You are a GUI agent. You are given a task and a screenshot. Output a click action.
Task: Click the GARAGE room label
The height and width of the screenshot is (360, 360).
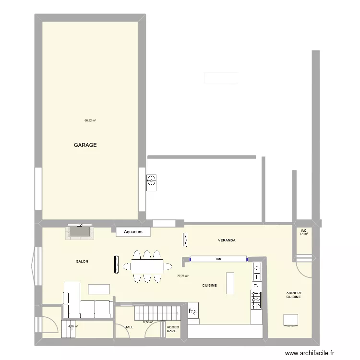85,145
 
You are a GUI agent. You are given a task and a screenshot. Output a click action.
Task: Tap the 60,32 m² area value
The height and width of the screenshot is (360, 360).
90,120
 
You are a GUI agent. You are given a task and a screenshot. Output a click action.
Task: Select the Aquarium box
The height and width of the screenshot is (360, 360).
133,232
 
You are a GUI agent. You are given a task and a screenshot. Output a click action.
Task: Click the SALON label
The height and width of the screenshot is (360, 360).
82,262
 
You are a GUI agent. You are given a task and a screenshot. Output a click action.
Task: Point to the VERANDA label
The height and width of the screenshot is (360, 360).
226,240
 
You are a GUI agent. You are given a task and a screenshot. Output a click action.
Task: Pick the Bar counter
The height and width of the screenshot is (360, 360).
218,260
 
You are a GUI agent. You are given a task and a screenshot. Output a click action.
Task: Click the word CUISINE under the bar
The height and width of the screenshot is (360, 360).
209,285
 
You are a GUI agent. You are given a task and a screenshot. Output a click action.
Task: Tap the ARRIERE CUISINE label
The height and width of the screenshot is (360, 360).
294,295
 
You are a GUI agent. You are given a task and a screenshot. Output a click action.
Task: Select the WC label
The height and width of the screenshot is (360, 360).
304,231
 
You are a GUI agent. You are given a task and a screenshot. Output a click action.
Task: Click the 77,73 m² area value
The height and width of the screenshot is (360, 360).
183,276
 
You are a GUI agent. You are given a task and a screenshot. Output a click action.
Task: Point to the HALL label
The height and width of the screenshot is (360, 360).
129,327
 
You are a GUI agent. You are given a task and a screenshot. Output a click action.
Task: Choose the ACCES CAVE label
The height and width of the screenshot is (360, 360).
172,329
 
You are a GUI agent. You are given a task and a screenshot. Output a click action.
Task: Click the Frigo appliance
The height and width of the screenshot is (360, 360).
193,311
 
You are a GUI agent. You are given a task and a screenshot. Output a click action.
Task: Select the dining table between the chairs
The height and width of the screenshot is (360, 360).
147,265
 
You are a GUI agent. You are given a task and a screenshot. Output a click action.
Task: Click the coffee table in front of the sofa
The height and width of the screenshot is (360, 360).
99,288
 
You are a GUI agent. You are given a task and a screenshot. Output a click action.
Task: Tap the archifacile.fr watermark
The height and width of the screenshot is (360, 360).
309,353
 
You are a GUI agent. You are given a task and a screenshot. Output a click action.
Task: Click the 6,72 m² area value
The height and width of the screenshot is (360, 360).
148,323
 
